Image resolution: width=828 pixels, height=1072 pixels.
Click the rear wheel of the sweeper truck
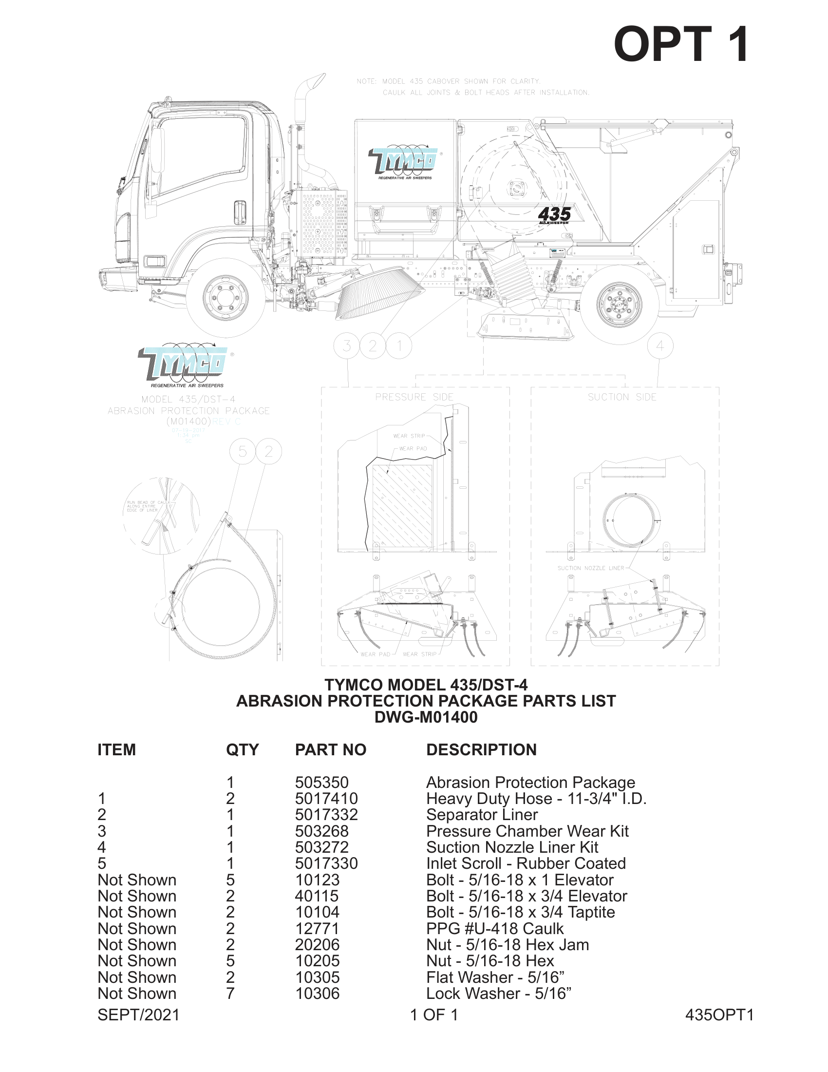620,305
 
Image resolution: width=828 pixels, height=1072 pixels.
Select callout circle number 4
660,346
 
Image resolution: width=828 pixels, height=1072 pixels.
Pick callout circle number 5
243,452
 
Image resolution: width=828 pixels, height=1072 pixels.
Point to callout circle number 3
346,346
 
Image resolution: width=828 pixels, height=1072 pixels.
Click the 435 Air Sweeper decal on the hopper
554,215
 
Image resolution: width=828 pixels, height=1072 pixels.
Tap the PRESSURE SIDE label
414,397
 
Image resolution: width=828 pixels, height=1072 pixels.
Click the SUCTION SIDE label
621,397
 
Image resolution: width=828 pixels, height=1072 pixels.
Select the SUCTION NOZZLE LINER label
591,568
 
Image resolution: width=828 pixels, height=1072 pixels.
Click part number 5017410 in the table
326,799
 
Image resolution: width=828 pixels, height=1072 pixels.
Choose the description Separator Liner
482,815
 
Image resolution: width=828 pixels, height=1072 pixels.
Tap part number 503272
321,847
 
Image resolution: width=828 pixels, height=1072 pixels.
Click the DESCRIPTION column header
481,749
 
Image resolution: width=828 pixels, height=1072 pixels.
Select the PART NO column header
330,749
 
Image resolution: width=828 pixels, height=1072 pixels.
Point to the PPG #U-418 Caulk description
494,929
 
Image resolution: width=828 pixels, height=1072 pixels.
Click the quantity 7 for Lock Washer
230,994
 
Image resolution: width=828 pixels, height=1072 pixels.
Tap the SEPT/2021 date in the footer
138,1015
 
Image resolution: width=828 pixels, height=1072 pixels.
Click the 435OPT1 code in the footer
718,1015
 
